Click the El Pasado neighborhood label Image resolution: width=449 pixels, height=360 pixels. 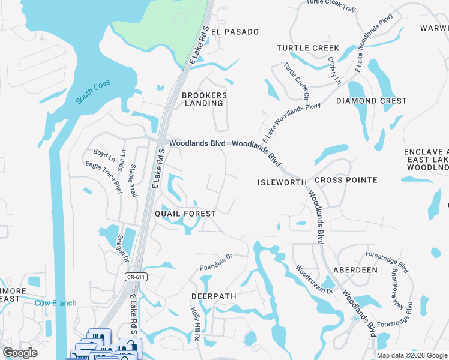234,32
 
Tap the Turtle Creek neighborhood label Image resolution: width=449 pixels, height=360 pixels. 308,48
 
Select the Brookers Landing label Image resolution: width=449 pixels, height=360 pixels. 205,100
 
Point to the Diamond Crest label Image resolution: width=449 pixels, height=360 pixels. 372,101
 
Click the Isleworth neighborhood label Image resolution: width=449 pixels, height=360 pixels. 282,182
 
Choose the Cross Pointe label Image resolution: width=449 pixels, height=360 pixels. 346,180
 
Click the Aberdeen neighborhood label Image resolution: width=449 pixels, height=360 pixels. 355,270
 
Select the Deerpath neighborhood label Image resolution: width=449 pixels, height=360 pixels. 214,296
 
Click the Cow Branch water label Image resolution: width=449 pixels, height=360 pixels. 55,303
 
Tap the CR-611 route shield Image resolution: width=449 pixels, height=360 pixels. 137,277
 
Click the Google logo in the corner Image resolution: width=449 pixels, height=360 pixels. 20,353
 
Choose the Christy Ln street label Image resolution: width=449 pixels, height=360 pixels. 334,70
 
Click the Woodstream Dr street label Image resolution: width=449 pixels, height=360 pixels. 314,280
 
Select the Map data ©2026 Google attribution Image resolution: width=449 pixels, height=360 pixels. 411,355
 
